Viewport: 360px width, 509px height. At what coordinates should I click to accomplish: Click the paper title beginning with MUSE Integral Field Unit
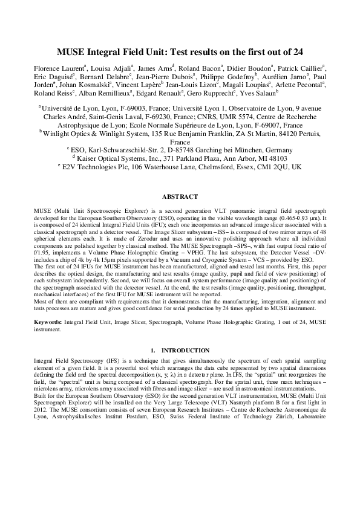pyautogui.click(x=179, y=51)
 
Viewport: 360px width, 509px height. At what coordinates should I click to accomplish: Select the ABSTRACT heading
pyautogui.click(x=180, y=197)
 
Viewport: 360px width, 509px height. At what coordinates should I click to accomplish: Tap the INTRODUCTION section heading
pyautogui.click(x=184, y=351)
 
